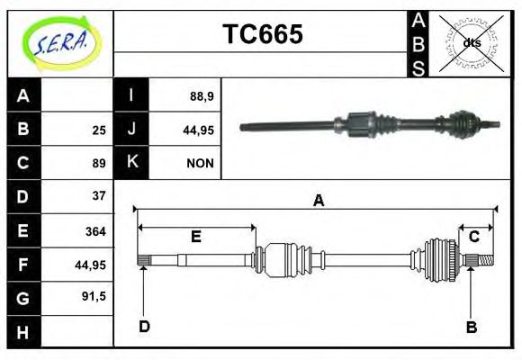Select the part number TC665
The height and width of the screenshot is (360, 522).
[262, 35]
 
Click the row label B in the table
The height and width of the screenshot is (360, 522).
[24, 130]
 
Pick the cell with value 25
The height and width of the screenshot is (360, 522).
[98, 130]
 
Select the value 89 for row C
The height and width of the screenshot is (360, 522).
[98, 163]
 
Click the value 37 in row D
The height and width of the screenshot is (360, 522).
[98, 195]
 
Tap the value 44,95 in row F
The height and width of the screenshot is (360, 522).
[91, 265]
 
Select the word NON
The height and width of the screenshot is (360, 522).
[199, 163]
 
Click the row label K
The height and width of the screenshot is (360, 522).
[132, 163]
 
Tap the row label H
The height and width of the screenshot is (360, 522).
[24, 332]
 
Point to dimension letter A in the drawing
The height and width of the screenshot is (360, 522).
[318, 201]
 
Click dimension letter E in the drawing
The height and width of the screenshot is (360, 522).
[195, 237]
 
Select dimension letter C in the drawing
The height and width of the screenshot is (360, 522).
[473, 237]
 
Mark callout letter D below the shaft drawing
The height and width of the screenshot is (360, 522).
[144, 327]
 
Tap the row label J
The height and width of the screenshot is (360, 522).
[132, 130]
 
